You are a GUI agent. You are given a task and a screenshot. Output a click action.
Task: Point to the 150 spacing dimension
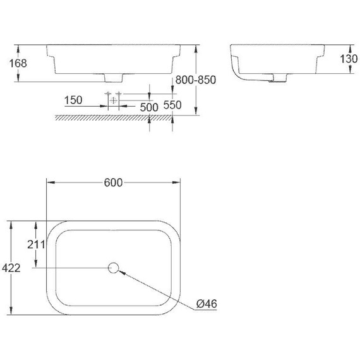[73, 100]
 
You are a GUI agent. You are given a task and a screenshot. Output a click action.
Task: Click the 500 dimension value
[149, 107]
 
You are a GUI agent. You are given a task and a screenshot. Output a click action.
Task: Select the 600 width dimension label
[112, 183]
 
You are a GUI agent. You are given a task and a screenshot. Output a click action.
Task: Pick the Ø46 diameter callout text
[206, 304]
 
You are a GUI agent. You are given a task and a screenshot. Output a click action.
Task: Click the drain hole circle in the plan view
[114, 268]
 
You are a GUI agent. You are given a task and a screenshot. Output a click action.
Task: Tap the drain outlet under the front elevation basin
[114, 79]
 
